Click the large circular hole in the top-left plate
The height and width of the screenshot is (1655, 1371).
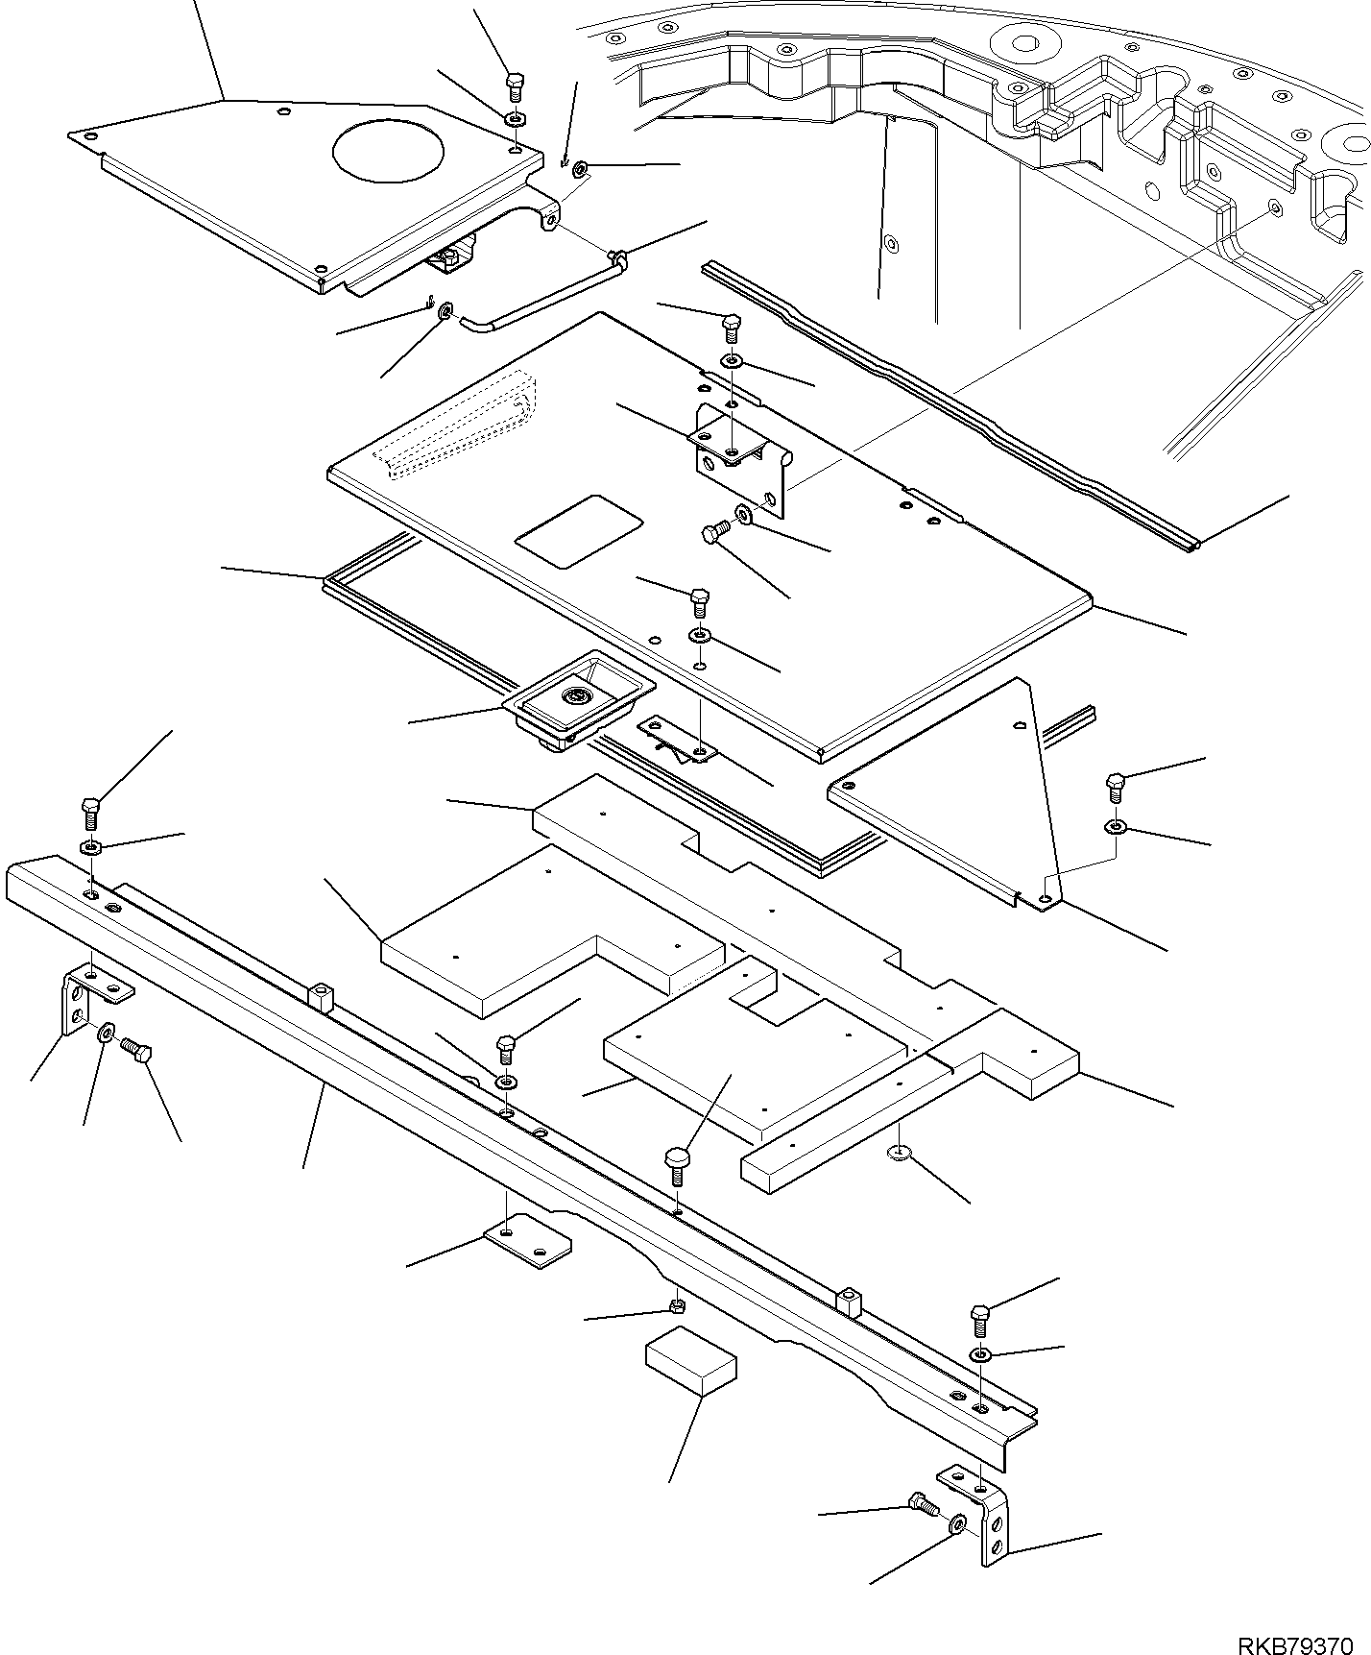tap(387, 150)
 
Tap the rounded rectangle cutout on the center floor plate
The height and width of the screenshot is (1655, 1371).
tap(579, 531)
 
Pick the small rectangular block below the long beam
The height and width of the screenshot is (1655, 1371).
tap(691, 1360)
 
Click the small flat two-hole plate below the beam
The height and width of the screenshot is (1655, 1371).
tap(527, 1244)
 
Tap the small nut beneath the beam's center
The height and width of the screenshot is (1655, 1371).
tap(676, 1305)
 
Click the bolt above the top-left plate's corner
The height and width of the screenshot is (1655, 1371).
tap(514, 87)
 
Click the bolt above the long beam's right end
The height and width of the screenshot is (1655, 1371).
tap(980, 1318)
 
